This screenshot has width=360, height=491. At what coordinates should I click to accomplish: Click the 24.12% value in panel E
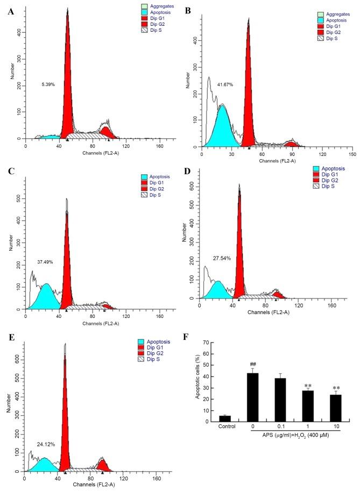pyautogui.click(x=46, y=444)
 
